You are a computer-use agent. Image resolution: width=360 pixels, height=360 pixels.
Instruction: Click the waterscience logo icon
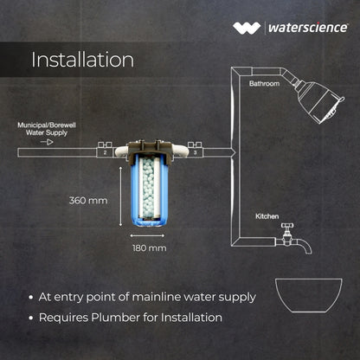[x=247, y=28]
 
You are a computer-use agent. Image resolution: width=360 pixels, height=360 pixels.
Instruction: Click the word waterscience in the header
[x=308, y=28]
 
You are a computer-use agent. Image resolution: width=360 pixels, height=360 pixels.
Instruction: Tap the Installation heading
[x=82, y=60]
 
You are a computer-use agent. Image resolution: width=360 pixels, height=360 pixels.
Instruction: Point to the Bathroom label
[x=264, y=84]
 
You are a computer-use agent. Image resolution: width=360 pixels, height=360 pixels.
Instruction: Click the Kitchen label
[x=267, y=216]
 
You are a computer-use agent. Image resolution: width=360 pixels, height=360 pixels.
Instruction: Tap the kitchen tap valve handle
[x=287, y=225]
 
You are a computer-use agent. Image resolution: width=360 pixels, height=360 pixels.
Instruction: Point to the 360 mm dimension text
[x=88, y=201]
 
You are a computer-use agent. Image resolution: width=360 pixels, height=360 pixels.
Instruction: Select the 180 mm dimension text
[x=150, y=248]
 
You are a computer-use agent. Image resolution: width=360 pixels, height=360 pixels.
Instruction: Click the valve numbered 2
[x=105, y=150]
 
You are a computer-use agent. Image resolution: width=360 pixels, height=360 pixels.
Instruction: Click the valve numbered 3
[x=195, y=150]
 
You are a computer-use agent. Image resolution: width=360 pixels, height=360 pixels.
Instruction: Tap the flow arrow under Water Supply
[x=47, y=142]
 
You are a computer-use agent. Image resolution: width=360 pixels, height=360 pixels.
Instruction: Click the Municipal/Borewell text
[x=47, y=125]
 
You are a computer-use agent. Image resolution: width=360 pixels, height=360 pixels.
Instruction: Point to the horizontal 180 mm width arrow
[x=147, y=235]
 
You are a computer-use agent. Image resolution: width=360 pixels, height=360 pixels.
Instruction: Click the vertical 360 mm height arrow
[x=120, y=196]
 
